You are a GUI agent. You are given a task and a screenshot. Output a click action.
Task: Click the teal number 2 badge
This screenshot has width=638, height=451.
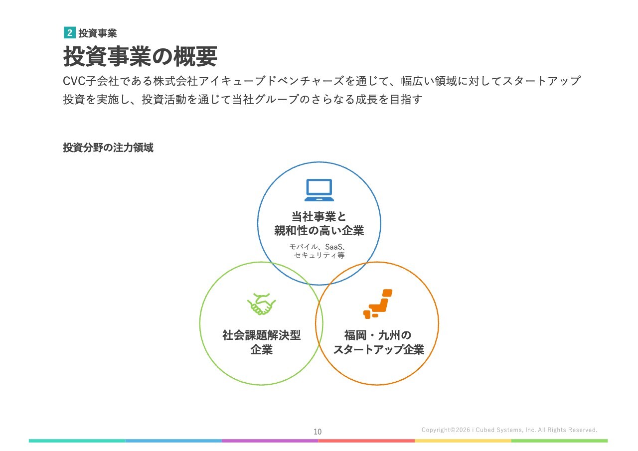(69, 33)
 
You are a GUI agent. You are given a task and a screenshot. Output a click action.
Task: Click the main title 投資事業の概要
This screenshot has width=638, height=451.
(140, 56)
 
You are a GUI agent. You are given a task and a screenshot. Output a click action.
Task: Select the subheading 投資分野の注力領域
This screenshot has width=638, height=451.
(108, 148)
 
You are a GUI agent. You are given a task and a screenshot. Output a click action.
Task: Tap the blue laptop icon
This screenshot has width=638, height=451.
(319, 190)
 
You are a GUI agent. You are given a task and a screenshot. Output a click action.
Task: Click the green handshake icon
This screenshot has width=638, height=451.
(261, 304)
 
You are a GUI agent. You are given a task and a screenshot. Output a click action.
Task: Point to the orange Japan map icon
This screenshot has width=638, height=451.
(378, 304)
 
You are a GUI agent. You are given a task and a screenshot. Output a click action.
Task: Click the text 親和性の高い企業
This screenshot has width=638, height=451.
(319, 230)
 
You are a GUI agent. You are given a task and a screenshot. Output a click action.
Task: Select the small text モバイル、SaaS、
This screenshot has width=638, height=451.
(318, 247)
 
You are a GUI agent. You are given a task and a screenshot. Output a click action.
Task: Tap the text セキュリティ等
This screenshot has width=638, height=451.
(319, 255)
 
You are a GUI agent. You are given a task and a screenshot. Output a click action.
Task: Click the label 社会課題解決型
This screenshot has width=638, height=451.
(262, 335)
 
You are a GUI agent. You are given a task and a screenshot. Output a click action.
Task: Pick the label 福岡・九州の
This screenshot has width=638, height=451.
(378, 335)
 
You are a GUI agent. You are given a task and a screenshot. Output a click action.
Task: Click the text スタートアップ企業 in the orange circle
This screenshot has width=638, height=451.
(378, 349)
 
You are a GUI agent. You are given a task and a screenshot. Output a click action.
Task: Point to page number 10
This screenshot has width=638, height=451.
(318, 432)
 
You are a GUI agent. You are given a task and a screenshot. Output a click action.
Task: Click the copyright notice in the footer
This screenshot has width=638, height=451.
(509, 430)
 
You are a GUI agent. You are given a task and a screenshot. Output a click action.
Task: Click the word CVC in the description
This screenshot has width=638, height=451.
(74, 81)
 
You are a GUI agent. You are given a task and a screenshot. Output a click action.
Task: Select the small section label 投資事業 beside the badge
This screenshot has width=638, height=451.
(98, 33)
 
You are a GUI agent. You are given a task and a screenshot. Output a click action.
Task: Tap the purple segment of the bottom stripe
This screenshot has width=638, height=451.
(270, 441)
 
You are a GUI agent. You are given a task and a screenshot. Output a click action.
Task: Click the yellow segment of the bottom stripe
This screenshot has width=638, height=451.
(463, 441)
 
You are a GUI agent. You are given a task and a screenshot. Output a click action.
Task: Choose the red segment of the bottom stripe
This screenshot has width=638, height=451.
(366, 441)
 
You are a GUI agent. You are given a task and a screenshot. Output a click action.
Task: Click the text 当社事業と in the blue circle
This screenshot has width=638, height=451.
(319, 217)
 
